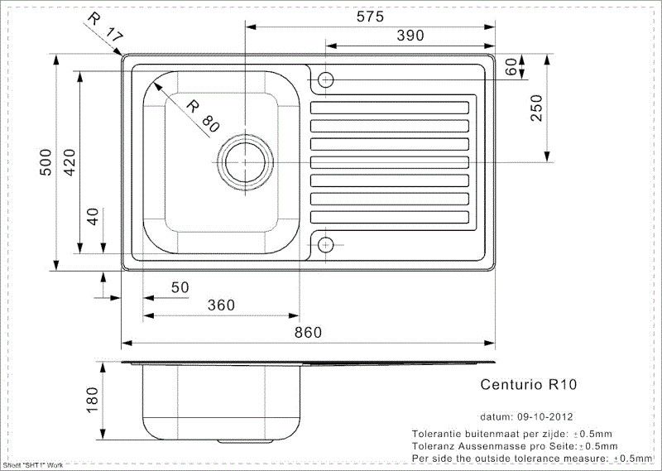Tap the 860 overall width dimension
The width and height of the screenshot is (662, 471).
coord(308,332)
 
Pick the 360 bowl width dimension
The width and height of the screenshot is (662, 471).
coord(221,305)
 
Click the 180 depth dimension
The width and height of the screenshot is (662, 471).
coord(92,401)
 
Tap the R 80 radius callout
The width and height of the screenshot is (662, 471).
coord(202,116)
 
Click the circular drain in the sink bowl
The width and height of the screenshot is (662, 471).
coord(246,158)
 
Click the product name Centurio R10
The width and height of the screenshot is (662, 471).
coord(529,384)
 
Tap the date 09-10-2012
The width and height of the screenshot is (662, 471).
coord(547,416)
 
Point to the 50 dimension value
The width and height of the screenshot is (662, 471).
coord(180,286)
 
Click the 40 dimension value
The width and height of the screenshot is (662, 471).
coord(94,217)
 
